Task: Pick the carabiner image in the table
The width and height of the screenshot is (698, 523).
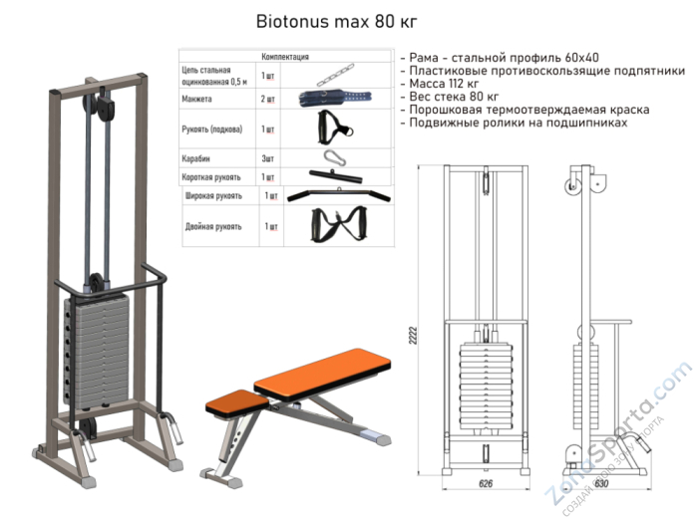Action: (x=332, y=156)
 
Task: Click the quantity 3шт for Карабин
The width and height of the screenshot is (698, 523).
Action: (x=267, y=157)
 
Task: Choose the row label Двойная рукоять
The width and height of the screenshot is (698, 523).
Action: (x=213, y=227)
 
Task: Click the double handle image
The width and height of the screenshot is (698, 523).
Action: (x=336, y=226)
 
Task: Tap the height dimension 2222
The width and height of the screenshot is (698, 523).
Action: (x=412, y=338)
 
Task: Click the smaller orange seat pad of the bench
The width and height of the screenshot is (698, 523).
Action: (x=235, y=400)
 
